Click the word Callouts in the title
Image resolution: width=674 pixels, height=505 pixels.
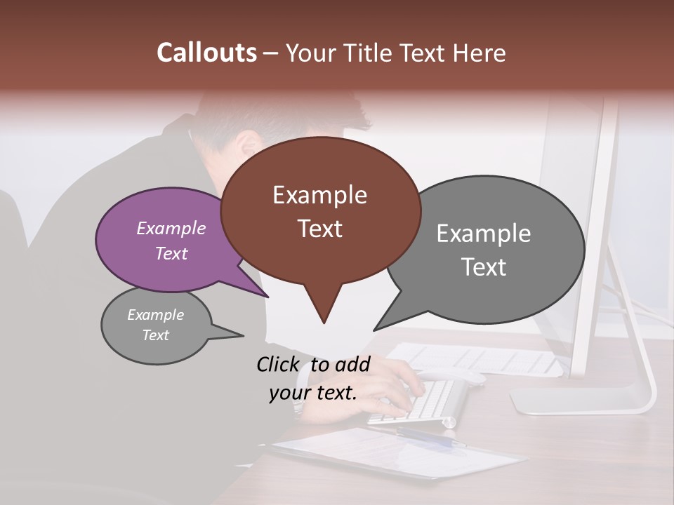[x=206, y=53]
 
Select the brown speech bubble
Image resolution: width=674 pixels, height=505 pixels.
[x=320, y=210]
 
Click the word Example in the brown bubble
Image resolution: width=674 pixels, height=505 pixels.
[x=319, y=195]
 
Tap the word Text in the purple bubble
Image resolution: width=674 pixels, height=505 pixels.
[x=171, y=254]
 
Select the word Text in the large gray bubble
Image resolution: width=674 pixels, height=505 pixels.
[x=484, y=267]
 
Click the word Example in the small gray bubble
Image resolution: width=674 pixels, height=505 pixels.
[x=155, y=315]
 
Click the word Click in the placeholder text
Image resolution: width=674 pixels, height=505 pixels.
[x=279, y=364]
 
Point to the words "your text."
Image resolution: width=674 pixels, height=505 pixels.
[x=313, y=393]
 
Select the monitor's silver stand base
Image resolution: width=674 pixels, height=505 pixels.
[x=583, y=402]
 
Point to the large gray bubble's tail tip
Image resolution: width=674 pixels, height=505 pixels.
[x=374, y=330]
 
